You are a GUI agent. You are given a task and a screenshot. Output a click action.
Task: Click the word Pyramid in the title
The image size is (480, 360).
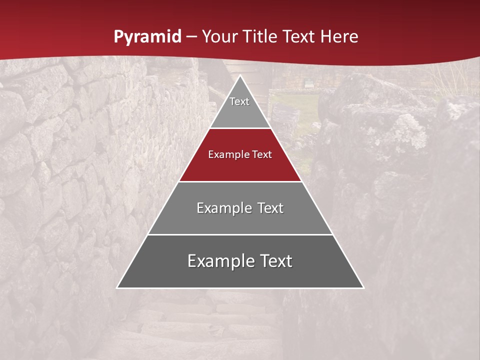(147, 37)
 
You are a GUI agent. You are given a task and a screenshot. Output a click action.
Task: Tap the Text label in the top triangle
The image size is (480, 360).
(239, 101)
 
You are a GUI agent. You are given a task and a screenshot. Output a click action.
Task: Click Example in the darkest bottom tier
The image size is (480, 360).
(219, 261)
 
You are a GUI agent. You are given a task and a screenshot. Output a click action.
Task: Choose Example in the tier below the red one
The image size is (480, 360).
(222, 208)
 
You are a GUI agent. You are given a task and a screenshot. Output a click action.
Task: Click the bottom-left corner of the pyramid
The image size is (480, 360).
(117, 287)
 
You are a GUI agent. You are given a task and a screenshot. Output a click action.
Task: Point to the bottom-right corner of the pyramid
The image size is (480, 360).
(363, 287)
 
